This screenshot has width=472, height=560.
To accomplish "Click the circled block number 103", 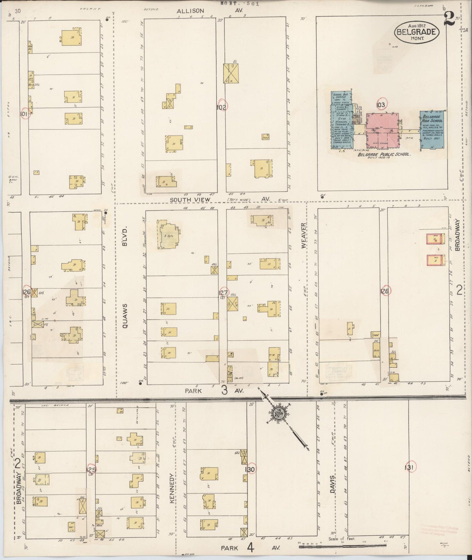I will pyautogui.click(x=381, y=105).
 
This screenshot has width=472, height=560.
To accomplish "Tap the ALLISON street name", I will pyautogui.click(x=190, y=11).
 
